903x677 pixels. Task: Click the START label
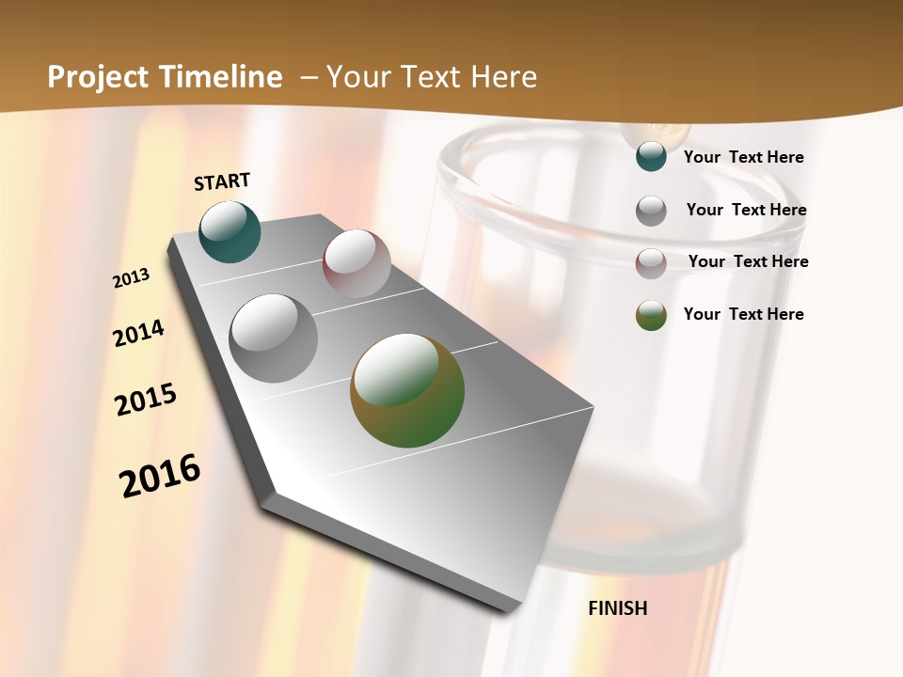222,181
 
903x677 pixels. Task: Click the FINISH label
617,608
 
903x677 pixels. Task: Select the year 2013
132,278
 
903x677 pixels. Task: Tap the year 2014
138,334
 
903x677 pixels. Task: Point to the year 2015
146,399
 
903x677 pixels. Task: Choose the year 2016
160,475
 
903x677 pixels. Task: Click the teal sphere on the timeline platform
230,232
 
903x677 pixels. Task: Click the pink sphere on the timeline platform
356,263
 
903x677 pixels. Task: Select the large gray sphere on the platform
274,338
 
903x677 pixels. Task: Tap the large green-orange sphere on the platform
407,390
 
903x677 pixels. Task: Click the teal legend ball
651,157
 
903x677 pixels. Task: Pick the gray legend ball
651,211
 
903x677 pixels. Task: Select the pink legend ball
651,263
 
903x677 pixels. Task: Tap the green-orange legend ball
651,315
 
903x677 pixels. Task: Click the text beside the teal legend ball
743,158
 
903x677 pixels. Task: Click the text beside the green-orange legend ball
743,314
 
